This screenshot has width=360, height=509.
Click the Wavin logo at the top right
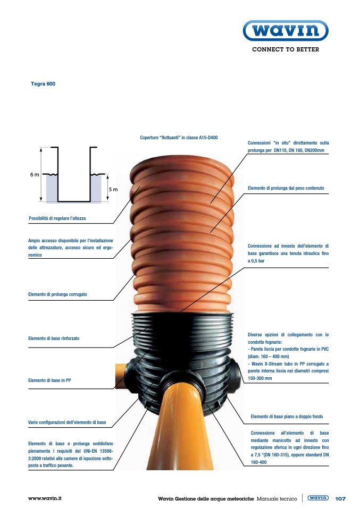(x=286, y=30)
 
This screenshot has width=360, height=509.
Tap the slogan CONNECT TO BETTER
(x=286, y=49)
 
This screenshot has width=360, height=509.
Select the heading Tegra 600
(x=43, y=84)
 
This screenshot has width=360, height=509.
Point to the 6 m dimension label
(x=35, y=175)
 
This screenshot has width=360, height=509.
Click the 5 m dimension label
(x=113, y=189)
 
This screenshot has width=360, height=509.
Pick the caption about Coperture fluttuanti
(x=179, y=138)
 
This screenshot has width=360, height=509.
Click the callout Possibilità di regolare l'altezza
(x=57, y=218)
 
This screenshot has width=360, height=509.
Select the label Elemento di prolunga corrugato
(x=57, y=294)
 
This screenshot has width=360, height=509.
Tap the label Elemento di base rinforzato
(x=54, y=338)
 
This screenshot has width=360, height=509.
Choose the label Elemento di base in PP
(x=49, y=380)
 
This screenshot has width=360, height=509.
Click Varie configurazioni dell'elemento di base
(x=67, y=422)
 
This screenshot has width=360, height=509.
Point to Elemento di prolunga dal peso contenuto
(x=286, y=188)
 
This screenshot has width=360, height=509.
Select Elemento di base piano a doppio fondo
(x=287, y=417)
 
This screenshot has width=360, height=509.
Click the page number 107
(x=340, y=498)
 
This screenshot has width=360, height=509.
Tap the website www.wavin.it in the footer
(x=45, y=498)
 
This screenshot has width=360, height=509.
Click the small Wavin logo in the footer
(x=318, y=498)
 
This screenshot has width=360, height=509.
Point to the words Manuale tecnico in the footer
(x=277, y=498)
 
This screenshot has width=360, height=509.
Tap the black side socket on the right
(x=236, y=372)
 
